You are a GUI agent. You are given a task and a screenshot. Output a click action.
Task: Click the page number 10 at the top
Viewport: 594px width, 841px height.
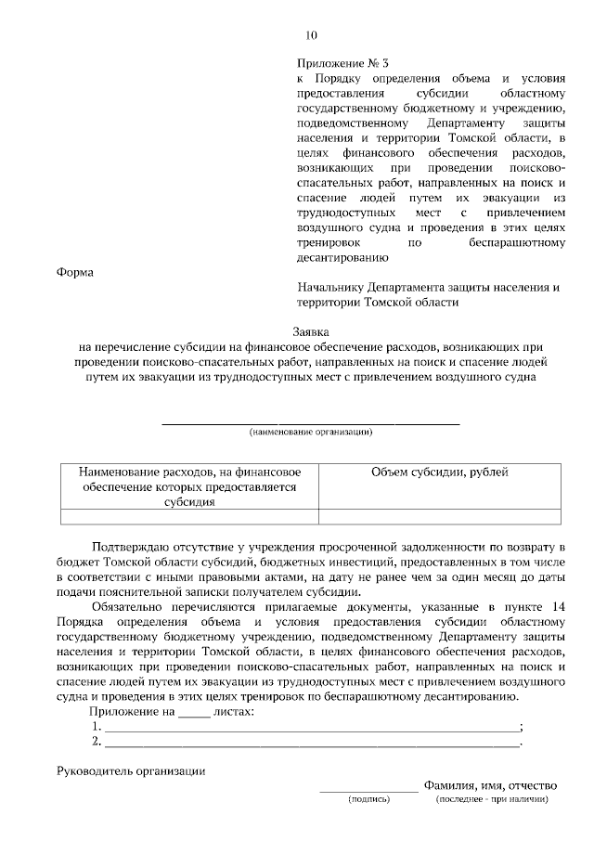pos(311,36)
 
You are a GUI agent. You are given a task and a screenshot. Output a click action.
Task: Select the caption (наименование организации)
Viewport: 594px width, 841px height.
pos(311,433)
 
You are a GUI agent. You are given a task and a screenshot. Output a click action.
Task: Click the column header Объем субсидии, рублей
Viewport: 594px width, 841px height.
pos(439,472)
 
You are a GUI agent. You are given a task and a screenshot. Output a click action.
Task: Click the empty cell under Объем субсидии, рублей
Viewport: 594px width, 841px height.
pos(439,518)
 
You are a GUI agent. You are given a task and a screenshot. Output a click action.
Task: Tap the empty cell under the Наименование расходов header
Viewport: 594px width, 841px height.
pos(188,518)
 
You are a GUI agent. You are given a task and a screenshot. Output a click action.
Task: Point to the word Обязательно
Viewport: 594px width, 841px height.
pos(130,606)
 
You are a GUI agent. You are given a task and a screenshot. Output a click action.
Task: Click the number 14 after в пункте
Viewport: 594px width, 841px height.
pos(556,606)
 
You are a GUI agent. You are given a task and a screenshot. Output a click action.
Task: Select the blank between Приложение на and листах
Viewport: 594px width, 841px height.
pos(193,712)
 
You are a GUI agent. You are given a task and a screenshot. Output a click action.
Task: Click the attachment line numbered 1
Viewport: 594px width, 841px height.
pos(311,727)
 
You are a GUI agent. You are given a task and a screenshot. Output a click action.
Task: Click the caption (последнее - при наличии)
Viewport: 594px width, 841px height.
pos(493,798)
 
